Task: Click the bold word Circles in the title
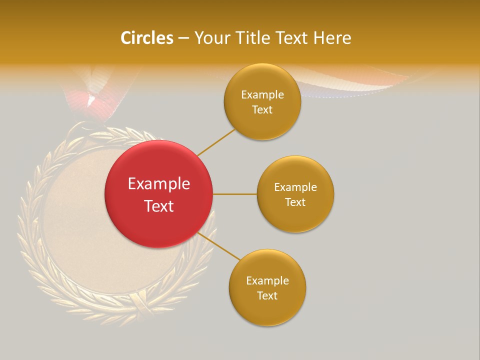146,38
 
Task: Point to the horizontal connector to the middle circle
234,194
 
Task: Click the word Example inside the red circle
158,184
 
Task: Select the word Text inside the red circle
158,206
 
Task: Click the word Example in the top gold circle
262,95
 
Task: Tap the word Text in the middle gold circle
295,202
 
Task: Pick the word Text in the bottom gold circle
267,296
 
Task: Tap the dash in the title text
183,38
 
